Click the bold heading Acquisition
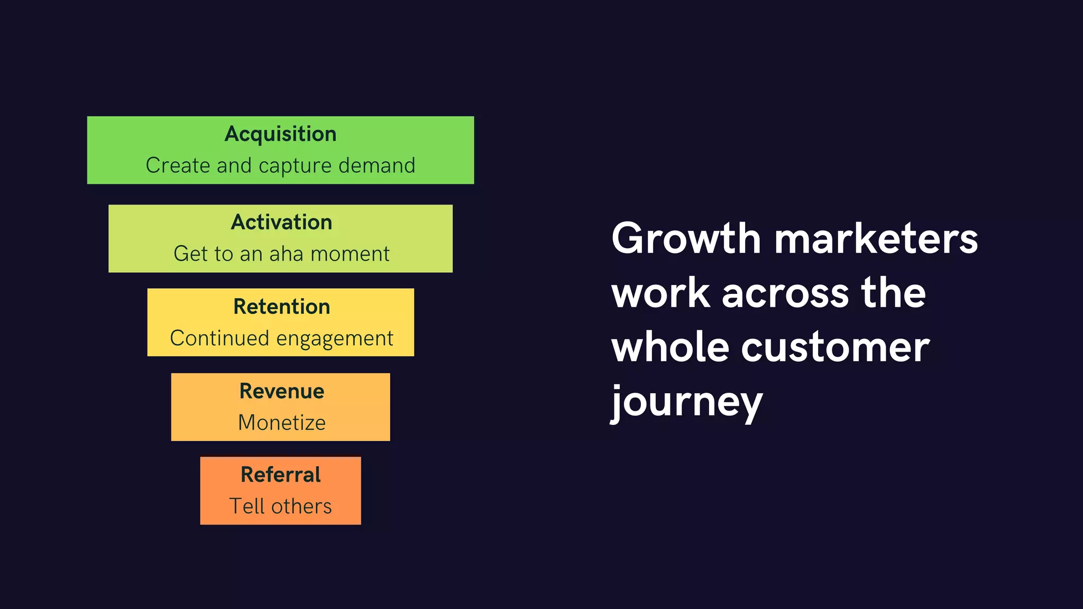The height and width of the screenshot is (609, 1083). pyautogui.click(x=280, y=134)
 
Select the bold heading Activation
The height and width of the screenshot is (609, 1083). pyautogui.click(x=281, y=223)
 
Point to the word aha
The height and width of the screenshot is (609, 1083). pyautogui.click(x=286, y=254)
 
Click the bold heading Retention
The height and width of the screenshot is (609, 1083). pyautogui.click(x=281, y=307)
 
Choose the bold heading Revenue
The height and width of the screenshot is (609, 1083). pyautogui.click(x=281, y=391)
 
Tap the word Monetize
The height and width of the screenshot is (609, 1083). pyautogui.click(x=281, y=422)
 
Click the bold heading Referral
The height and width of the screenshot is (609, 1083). pyautogui.click(x=280, y=475)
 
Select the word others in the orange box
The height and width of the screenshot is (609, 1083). pyautogui.click(x=301, y=506)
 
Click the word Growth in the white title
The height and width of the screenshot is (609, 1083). pyautogui.click(x=686, y=239)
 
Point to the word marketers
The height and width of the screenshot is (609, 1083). pyautogui.click(x=876, y=239)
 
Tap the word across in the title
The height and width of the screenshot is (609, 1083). pyautogui.click(x=785, y=293)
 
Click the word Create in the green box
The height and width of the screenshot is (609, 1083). pyautogui.click(x=178, y=165)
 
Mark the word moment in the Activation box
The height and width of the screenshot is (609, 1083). pyautogui.click(x=350, y=254)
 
